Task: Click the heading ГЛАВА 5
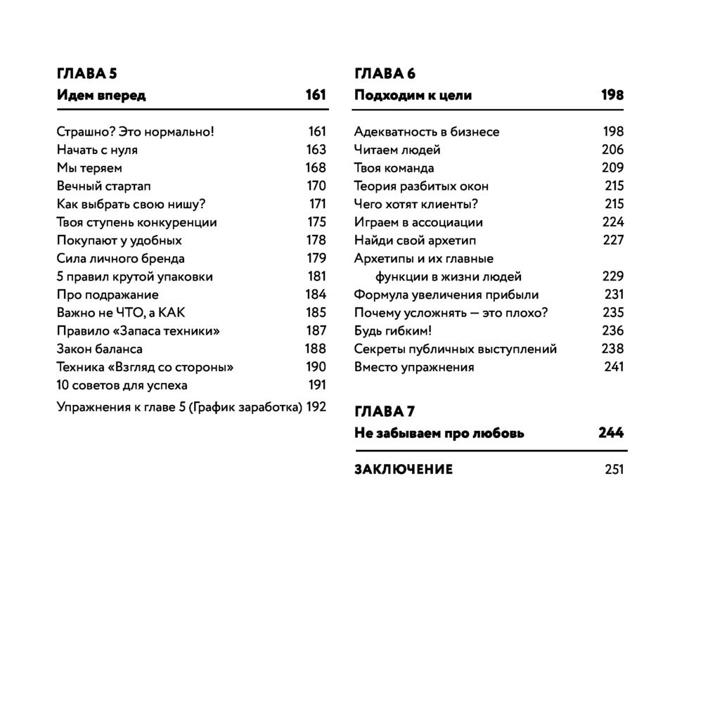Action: pos(85,74)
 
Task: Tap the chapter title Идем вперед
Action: pos(101,95)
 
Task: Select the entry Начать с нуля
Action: pos(97,150)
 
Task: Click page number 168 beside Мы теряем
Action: pos(316,167)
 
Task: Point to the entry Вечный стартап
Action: pos(103,186)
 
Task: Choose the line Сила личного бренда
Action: pos(120,259)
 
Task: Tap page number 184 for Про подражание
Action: pos(316,295)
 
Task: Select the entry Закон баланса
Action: pos(99,349)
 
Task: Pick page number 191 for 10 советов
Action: pos(317,385)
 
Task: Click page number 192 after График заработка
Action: pos(316,406)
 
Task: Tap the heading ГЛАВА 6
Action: pos(385,74)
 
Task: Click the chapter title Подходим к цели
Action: pos(413,95)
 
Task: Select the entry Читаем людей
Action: pos(397,150)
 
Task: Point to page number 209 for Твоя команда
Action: pos(612,167)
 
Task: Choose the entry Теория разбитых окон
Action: pos(421,186)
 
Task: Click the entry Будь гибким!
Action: pos(392,331)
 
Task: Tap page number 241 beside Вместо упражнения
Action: pos(614,367)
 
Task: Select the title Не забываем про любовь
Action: pos(439,433)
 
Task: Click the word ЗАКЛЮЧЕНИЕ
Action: pos(404,470)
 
